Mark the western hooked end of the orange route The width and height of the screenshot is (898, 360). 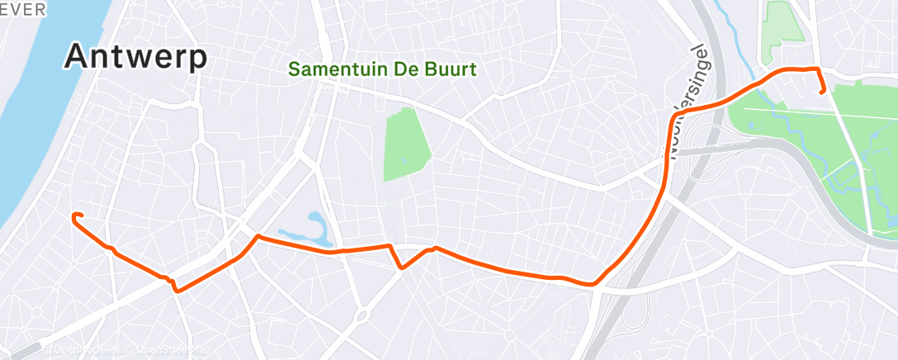tap(75, 217)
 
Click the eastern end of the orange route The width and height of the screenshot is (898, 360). tap(822, 92)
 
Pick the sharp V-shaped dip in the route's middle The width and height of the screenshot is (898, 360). tap(400, 267)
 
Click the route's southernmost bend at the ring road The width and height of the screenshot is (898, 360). tap(592, 286)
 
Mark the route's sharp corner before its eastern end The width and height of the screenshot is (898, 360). tap(816, 69)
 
